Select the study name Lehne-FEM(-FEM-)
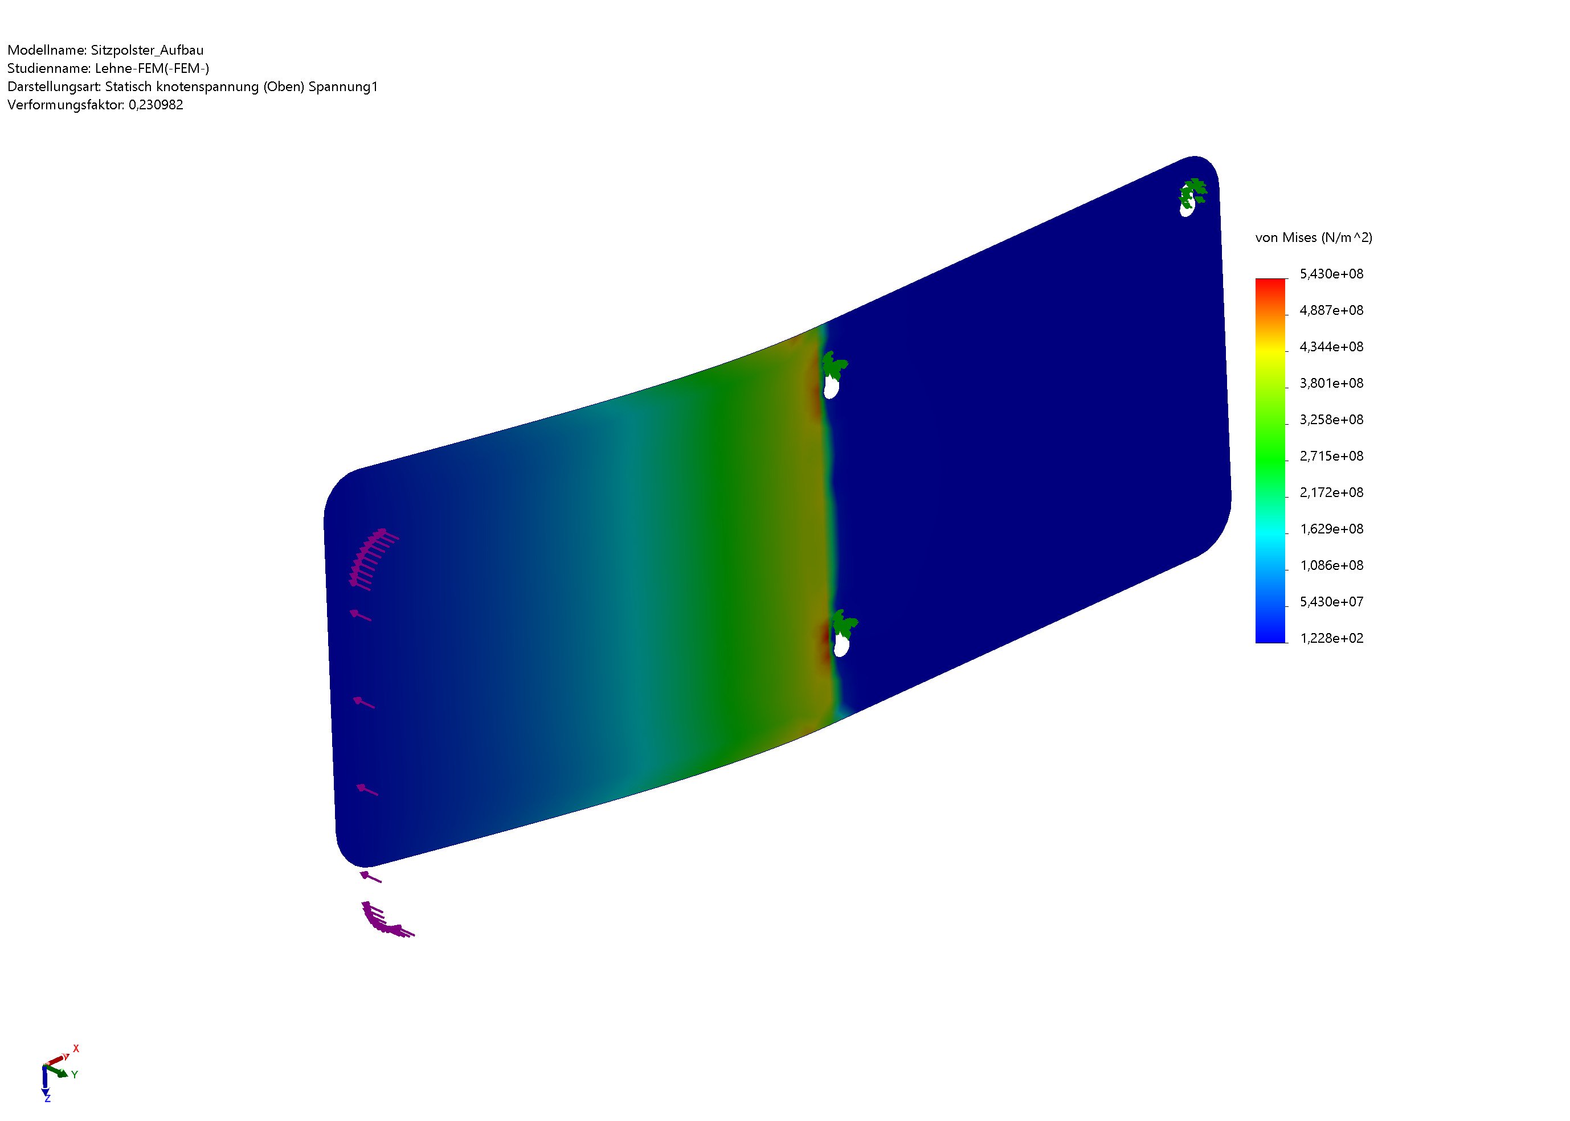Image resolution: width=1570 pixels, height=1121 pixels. pos(152,68)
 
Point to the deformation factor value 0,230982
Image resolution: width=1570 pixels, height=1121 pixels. pos(156,105)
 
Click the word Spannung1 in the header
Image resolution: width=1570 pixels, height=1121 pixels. pos(344,87)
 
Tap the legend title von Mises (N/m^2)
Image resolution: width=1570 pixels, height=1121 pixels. pos(1314,237)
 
